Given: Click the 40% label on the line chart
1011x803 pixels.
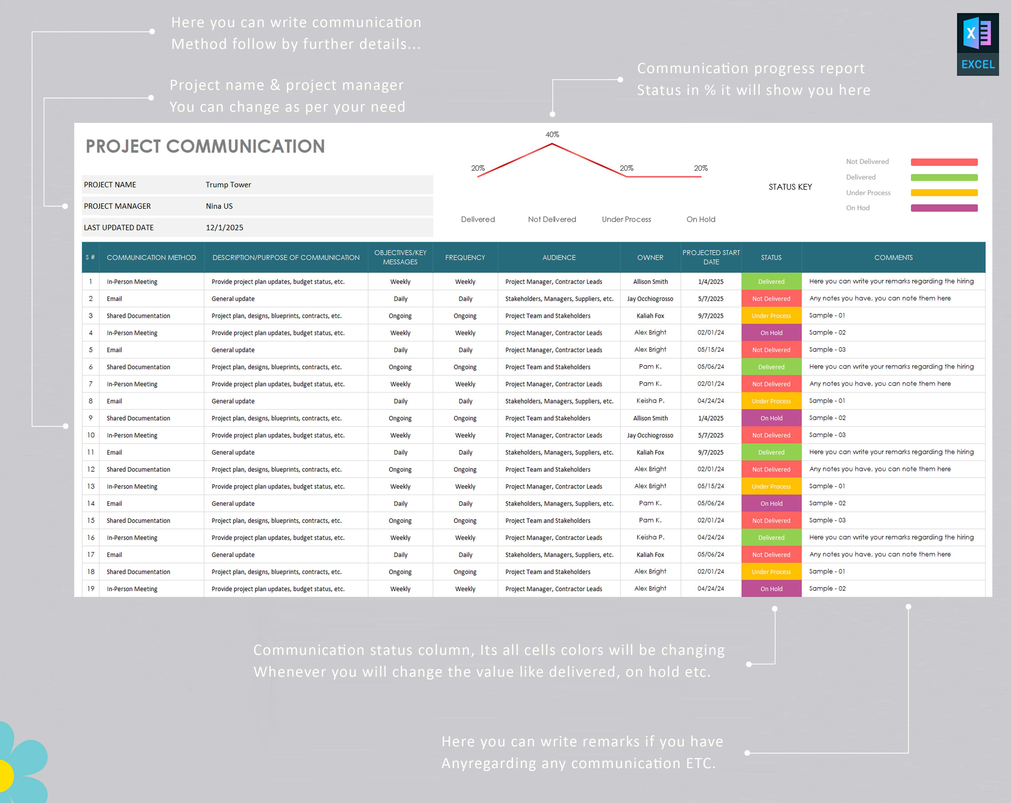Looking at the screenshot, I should (x=552, y=135).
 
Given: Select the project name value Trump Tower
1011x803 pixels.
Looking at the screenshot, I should (x=228, y=185).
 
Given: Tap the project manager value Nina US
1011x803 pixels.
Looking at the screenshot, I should (x=219, y=206).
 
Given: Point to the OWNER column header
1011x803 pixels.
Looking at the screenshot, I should (x=650, y=257).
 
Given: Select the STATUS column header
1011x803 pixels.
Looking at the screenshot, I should (x=771, y=257).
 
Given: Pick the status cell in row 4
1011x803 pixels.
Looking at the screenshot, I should (x=771, y=333).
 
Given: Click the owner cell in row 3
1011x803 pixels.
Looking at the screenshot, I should (x=650, y=316).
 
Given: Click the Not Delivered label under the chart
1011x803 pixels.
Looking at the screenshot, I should (x=552, y=219).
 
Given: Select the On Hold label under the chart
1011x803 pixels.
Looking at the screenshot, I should (x=701, y=219).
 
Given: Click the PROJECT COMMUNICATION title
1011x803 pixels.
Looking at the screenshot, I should (x=205, y=146).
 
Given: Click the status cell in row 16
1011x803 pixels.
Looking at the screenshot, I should (x=771, y=538).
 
